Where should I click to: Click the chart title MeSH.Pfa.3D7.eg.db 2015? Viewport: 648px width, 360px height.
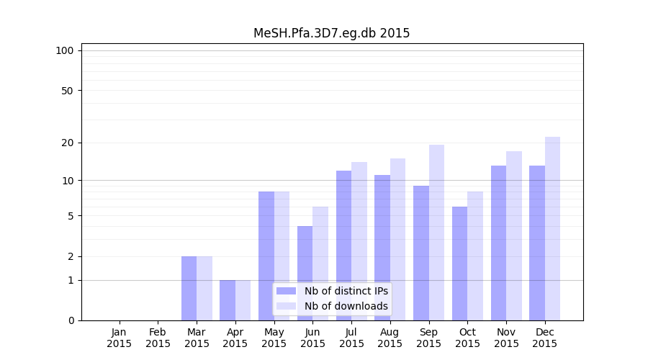click(331, 33)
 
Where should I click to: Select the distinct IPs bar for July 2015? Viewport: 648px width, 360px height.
click(343, 245)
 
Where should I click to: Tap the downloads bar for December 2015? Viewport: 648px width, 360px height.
click(552, 228)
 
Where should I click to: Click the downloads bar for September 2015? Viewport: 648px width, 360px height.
click(436, 232)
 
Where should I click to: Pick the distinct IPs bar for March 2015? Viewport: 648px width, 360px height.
click(189, 288)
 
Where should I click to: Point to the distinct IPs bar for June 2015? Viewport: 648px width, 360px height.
click(305, 273)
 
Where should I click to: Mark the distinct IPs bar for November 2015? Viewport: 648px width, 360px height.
click(498, 243)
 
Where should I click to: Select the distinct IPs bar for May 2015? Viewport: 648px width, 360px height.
click(266, 256)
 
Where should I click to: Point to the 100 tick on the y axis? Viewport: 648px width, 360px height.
click(65, 50)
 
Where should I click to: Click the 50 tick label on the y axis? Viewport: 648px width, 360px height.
click(67, 91)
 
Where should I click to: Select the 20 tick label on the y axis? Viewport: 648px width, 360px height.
click(67, 143)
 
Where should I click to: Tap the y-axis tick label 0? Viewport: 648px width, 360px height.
click(71, 320)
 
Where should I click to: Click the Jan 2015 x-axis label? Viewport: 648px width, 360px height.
click(120, 338)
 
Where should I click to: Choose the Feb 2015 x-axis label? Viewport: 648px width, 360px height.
click(158, 338)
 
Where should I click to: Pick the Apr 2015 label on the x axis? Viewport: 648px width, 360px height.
click(235, 338)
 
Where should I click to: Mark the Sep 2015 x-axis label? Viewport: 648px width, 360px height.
click(428, 338)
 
